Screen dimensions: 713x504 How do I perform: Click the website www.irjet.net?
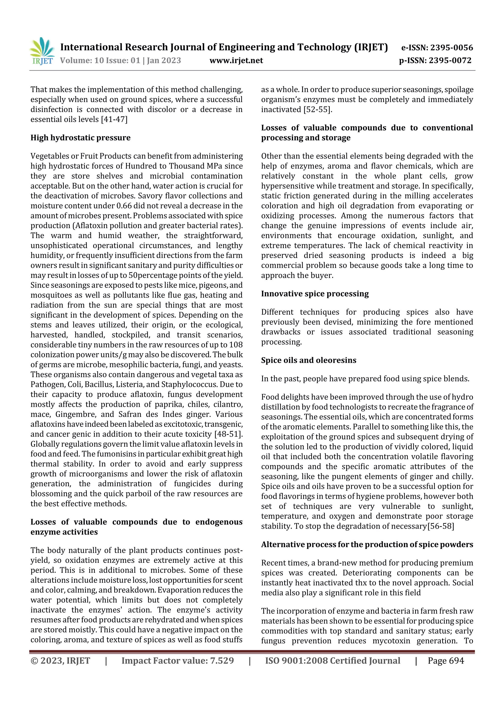coord(236,60)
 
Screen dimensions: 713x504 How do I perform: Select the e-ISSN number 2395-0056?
coord(451,48)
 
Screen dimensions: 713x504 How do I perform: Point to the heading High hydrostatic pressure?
coord(80,138)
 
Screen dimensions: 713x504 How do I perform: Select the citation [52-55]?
coord(318,109)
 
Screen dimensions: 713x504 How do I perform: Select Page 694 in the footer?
coord(446,661)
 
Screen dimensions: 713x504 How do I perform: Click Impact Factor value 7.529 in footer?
coord(177,661)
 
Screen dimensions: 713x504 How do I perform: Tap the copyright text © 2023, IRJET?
coord(60,661)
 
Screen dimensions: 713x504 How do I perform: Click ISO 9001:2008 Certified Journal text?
coord(332,661)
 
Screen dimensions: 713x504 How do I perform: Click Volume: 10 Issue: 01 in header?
coord(100,60)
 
